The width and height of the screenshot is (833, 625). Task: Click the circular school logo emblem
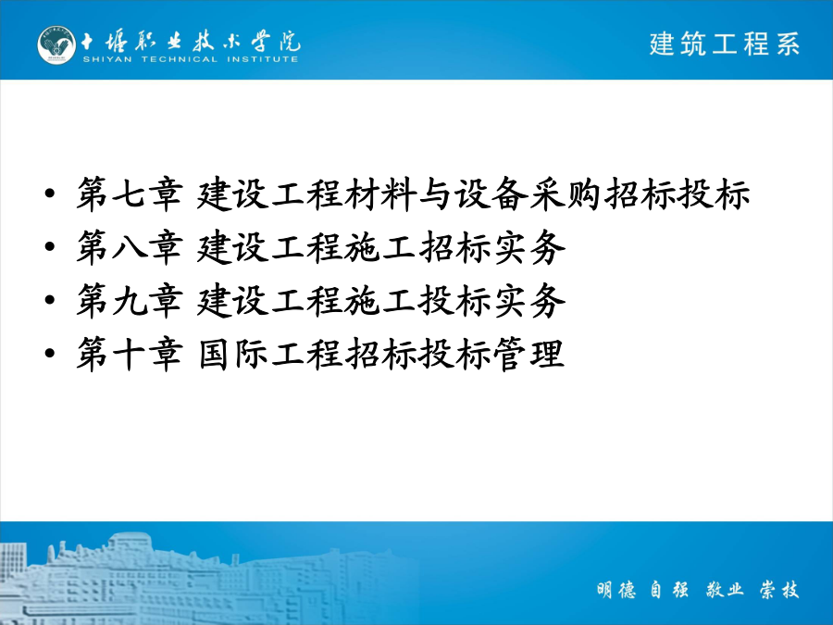coord(56,45)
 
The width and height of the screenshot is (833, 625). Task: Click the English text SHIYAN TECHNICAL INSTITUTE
coord(190,59)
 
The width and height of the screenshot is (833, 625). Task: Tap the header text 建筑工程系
coord(725,44)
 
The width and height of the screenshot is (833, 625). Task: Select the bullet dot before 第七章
coord(50,194)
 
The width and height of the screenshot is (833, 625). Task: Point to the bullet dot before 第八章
coord(50,246)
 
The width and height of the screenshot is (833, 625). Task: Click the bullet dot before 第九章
coord(50,300)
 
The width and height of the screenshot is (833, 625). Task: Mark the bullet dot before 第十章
coord(50,353)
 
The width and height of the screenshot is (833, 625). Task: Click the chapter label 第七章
coord(131,194)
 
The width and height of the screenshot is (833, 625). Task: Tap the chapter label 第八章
coord(131,247)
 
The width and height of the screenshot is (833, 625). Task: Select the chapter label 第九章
coord(131,300)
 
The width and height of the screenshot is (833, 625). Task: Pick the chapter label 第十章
coord(131,354)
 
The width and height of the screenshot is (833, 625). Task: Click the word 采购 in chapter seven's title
coord(566,194)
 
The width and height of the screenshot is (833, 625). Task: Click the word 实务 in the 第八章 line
coord(529,247)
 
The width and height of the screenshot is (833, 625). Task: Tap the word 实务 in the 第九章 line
coord(529,300)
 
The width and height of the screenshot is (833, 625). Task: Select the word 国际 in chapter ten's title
coord(234,354)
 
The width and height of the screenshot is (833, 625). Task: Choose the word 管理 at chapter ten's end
coord(528,354)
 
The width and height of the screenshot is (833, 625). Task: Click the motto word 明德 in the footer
coord(616,590)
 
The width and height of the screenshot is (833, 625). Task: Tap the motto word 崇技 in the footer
coord(779,590)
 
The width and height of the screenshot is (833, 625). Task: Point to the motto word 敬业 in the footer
coord(725,590)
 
